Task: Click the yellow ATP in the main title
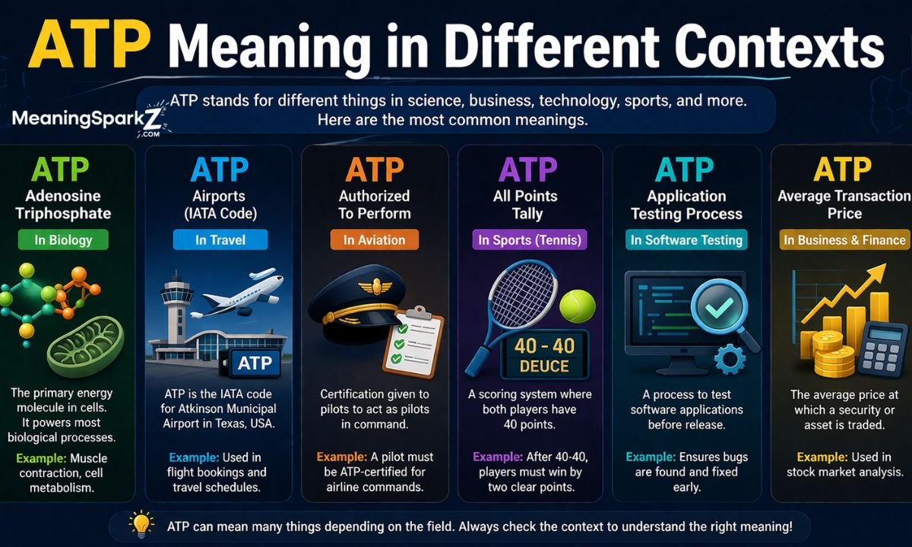90,48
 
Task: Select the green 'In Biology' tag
63,241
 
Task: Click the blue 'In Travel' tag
220,241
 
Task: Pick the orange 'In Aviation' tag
374,241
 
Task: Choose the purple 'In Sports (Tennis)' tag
529,241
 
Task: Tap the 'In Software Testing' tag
686,241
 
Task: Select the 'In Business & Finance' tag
844,241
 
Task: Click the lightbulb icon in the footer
141,523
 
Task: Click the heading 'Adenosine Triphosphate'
63,204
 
